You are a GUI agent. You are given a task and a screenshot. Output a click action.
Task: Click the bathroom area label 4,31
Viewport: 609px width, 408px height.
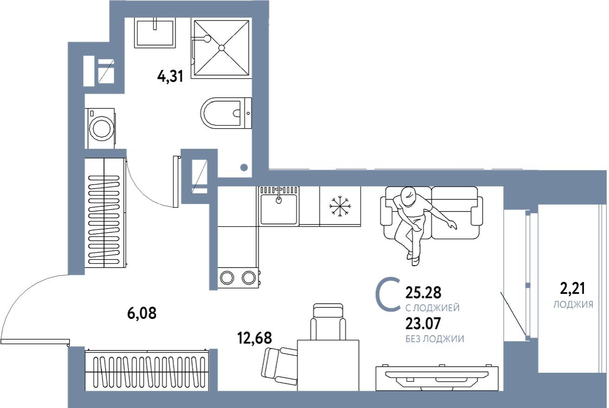click(171, 75)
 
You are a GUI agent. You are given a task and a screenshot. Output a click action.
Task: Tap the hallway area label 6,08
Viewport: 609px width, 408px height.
click(142, 314)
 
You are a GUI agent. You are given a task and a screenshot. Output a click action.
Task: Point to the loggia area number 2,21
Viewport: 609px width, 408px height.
click(573, 289)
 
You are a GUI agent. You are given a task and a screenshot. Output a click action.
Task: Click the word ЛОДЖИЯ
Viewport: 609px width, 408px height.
click(573, 305)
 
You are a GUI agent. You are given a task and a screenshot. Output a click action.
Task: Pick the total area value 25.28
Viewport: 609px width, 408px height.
click(423, 293)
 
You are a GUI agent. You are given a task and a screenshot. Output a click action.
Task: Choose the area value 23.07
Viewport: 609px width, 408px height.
click(423, 324)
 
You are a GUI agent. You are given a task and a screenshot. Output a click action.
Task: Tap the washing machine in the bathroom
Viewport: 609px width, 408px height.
click(100, 128)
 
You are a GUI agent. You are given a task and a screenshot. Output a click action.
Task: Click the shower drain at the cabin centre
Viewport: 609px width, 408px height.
click(222, 48)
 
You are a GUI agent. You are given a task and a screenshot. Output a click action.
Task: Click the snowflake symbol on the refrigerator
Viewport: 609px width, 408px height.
click(340, 206)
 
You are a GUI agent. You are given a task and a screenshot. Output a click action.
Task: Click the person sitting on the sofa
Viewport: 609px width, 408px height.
click(412, 218)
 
